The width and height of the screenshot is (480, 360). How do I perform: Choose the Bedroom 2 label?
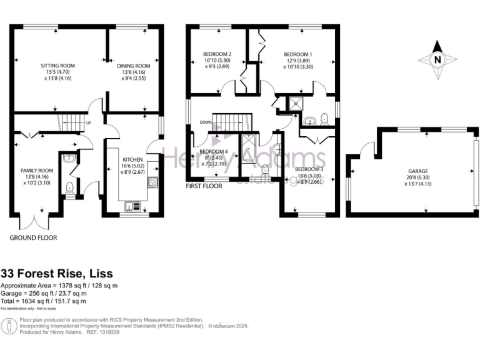(x=217, y=54)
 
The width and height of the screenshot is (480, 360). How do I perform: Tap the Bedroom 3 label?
(x=309, y=169)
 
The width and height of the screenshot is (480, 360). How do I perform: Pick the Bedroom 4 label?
(x=213, y=151)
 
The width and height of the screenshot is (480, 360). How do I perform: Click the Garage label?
(x=418, y=171)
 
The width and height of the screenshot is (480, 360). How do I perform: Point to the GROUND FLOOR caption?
(x=33, y=238)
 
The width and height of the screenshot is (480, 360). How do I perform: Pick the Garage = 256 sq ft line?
(x=44, y=293)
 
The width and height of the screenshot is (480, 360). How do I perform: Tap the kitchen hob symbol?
(x=152, y=182)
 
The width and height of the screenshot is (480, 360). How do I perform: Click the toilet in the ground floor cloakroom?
(x=69, y=187)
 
